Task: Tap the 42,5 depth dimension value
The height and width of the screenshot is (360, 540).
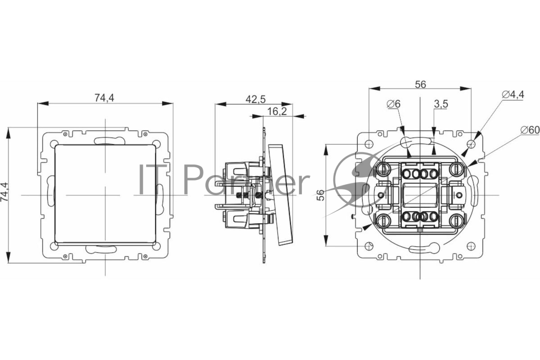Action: click(256, 99)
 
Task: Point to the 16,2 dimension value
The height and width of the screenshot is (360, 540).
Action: click(277, 112)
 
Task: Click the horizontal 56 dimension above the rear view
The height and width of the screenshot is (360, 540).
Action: click(420, 85)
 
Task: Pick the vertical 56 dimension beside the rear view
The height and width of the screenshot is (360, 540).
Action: click(320, 195)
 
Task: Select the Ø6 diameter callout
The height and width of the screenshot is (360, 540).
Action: click(394, 104)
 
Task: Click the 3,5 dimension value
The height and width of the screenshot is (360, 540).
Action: click(441, 104)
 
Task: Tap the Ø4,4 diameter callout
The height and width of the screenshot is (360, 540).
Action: click(513, 94)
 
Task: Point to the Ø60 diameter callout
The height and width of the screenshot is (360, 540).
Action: click(530, 130)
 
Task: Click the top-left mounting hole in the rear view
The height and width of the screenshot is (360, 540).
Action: click(369, 144)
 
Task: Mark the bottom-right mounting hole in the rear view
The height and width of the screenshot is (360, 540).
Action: click(471, 246)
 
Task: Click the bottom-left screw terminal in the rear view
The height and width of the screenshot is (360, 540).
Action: click(383, 220)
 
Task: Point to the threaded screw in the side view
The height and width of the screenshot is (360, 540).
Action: click(247, 195)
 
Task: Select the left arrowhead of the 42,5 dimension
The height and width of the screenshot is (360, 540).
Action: click(220, 104)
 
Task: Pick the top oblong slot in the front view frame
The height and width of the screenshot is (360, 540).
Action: click(109, 140)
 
